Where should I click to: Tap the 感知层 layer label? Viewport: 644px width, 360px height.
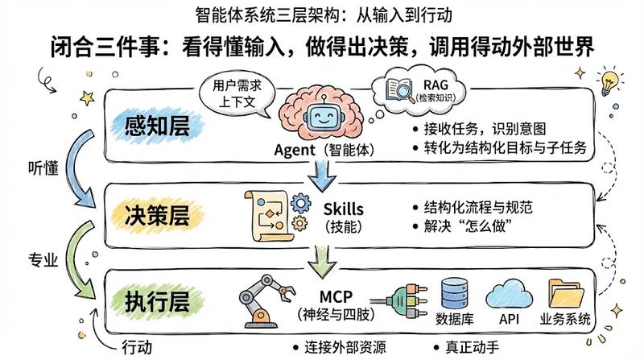157,125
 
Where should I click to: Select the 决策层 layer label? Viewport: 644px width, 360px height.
157,215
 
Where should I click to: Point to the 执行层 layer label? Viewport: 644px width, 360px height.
157,302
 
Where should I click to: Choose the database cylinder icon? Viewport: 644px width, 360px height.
454,293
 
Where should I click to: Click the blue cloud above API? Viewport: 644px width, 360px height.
510,294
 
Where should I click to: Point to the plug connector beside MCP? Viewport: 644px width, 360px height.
400,301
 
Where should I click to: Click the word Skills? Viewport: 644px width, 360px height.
344,209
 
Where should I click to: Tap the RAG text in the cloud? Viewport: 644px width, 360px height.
436,85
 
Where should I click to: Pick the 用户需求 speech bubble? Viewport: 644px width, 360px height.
237,93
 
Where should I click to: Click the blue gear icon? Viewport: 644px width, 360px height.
300,203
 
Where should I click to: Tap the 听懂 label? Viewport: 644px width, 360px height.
43,168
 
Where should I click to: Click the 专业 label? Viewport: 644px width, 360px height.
43,259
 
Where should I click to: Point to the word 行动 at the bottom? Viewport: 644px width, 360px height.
137,347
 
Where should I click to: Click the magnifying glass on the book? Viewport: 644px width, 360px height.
404,91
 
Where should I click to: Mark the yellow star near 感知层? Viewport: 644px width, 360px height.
87,98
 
